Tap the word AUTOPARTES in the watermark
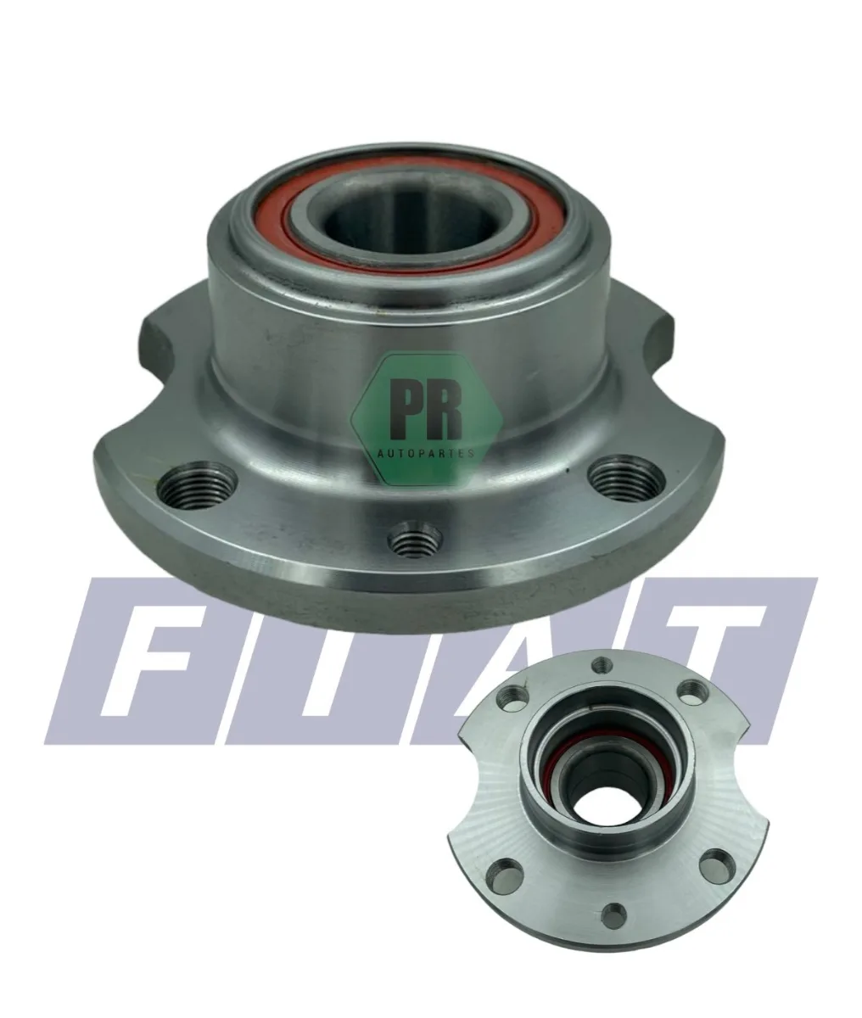(x=426, y=453)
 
